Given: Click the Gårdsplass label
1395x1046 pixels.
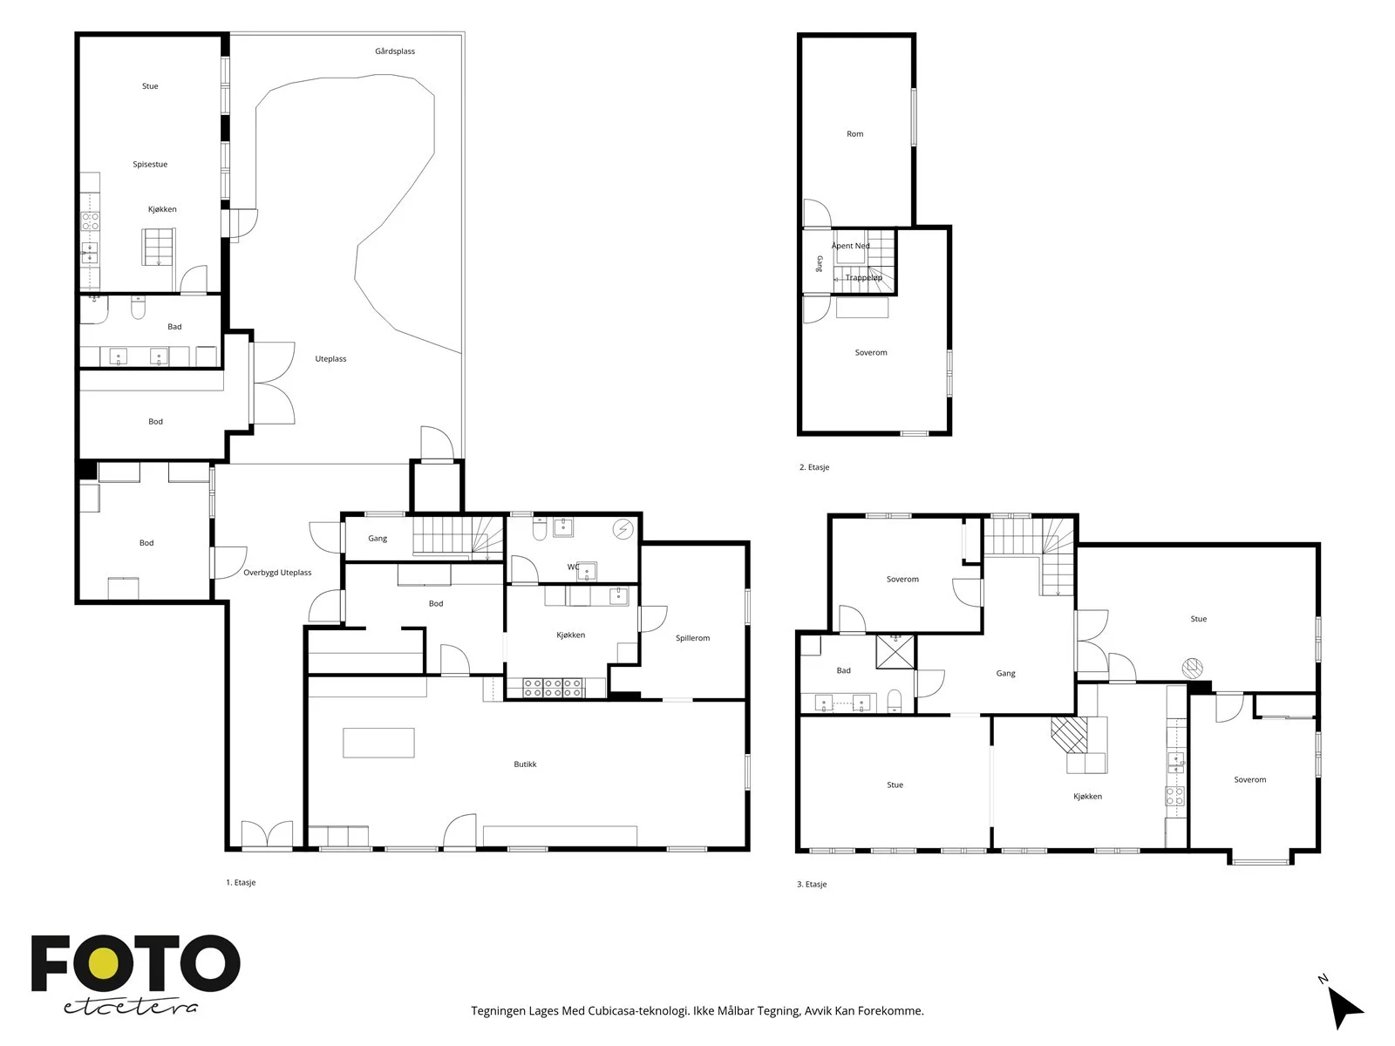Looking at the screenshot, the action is pos(395,51).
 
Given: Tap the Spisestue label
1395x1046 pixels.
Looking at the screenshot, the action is pos(150,165).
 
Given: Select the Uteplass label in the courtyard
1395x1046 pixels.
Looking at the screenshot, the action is pos(330,359).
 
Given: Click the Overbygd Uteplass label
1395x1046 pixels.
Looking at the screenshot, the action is pos(277,573).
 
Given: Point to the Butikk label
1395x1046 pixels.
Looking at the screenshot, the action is pos(525,764).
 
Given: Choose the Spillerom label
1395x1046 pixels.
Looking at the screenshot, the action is pos(692,638).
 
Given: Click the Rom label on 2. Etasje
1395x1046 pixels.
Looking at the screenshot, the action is pos(854,134).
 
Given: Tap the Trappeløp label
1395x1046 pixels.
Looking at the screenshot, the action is pos(864,277).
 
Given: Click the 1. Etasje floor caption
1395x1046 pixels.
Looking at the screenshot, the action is pos(241,883).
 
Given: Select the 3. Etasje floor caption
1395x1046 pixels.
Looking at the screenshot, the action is pos(812,884).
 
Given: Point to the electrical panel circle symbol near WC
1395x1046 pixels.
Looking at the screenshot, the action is pos(623,529).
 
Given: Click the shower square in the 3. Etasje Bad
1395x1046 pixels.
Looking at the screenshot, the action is pos(895,652).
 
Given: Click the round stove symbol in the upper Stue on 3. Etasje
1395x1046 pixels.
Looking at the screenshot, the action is pos(1192,668).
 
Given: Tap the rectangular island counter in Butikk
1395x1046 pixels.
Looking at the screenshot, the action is pos(378,743).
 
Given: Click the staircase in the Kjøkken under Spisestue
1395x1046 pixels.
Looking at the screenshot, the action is pos(158,247).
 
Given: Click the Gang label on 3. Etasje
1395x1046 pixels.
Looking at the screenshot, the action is pos(1005,674).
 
